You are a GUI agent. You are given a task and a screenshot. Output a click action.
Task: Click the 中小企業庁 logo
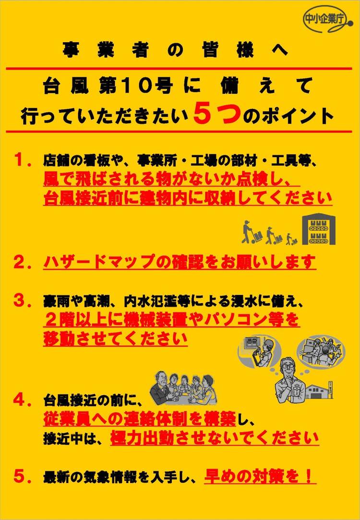327,20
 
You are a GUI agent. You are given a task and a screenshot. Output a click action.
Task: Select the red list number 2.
23,262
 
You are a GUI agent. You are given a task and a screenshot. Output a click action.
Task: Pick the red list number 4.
23,400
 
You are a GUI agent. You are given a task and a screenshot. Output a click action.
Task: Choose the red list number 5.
23,477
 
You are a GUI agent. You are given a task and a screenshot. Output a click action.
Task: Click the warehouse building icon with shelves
319,229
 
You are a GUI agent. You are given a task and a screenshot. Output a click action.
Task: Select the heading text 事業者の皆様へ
175,51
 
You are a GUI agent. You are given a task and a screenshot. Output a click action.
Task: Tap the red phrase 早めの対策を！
258,476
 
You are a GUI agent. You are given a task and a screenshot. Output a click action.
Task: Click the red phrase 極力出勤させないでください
215,438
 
